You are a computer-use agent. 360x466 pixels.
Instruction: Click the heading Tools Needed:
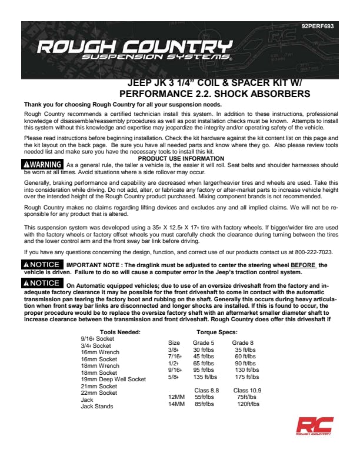click(120, 332)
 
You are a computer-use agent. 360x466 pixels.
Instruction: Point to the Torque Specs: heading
click(217, 332)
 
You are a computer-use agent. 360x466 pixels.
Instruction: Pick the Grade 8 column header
click(243, 342)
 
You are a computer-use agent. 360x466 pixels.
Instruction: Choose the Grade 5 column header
click(204, 342)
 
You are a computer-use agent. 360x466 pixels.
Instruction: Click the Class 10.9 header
click(247, 390)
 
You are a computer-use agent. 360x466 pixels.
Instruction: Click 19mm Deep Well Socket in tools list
click(113, 380)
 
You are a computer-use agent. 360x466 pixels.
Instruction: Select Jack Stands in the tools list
click(97, 407)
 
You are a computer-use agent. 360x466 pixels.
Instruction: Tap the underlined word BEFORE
click(304, 265)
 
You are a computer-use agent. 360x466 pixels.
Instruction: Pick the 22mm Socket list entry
click(99, 393)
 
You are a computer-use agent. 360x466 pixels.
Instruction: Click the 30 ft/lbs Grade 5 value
click(204, 349)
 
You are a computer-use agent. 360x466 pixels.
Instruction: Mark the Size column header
click(174, 342)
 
